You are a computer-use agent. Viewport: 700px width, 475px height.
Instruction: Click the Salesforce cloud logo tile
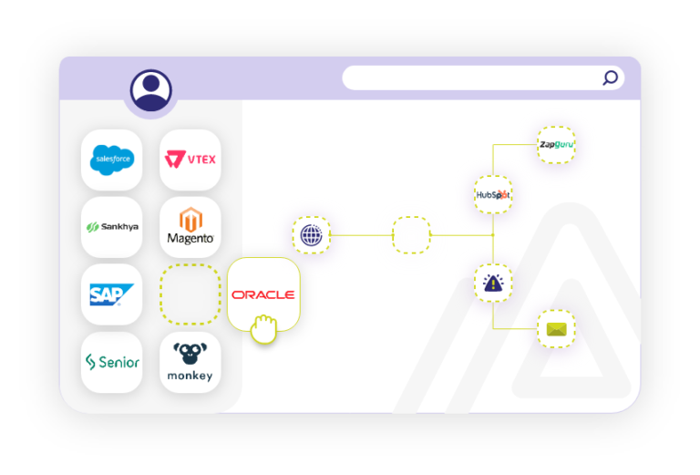112,160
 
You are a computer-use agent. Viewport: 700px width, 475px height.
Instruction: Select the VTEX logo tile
190,160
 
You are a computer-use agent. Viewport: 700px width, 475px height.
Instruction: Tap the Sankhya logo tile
112,226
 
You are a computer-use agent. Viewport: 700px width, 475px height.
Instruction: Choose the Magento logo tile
190,226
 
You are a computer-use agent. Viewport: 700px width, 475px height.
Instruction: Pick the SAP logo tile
112,294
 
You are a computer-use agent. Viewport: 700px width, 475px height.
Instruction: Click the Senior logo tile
112,362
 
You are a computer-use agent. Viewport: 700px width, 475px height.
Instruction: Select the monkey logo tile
190,362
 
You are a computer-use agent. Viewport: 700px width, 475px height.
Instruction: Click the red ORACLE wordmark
262,294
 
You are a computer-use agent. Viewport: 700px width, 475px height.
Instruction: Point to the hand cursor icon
263,329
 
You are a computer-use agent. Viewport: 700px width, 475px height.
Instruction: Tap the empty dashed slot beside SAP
190,294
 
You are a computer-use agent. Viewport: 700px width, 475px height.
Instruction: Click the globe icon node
311,235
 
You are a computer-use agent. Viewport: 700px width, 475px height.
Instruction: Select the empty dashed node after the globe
411,235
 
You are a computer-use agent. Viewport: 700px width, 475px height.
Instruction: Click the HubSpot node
493,194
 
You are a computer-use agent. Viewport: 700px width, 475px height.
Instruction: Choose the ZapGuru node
556,145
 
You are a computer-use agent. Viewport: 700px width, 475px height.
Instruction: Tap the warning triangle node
493,283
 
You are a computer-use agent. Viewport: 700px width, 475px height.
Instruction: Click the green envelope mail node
556,329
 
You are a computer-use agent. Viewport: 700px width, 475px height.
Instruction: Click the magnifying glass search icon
611,77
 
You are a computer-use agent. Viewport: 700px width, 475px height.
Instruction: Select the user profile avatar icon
150,89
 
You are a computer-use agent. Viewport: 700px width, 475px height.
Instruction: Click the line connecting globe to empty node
361,235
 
